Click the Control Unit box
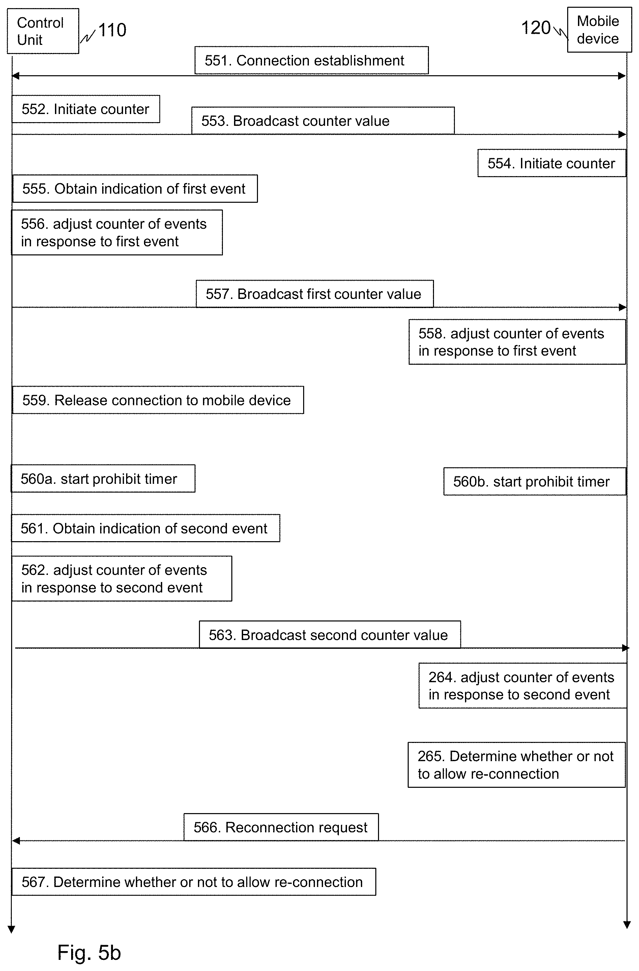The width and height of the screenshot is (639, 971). [43, 31]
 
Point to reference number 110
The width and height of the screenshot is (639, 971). [112, 30]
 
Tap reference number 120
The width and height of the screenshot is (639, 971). [536, 28]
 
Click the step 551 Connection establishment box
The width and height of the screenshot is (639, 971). [312, 60]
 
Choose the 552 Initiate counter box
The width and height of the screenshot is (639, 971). [86, 109]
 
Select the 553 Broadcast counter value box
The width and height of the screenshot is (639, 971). [323, 120]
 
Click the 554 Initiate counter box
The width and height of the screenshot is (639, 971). [552, 163]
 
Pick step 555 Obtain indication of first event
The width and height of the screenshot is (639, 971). [135, 189]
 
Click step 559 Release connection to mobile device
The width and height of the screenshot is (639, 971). [158, 400]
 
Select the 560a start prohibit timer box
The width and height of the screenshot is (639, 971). [103, 478]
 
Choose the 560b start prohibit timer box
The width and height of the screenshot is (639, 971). [534, 481]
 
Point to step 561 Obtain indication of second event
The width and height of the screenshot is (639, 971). [146, 528]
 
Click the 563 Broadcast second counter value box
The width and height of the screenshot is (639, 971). [330, 634]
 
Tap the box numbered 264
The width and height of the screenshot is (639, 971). [522, 686]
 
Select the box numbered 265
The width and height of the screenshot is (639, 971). [517, 765]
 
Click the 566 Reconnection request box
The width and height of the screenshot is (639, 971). [281, 827]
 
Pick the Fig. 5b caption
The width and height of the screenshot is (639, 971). [89, 952]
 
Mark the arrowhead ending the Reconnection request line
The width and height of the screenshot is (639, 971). [16, 841]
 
